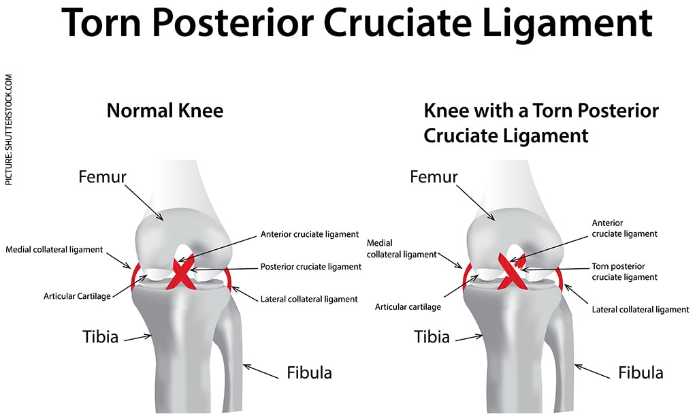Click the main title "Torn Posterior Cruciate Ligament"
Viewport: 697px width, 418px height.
(357, 23)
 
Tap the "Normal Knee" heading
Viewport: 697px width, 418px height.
(165, 111)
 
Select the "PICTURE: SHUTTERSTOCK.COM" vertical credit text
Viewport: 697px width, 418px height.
(9, 129)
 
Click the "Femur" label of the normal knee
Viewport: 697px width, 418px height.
(102, 177)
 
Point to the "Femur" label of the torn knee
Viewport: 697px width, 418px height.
(434, 177)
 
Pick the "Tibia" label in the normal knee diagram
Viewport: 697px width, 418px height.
(101, 336)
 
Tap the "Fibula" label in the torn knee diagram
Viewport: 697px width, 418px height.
(641, 372)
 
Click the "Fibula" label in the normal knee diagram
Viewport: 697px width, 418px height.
(310, 372)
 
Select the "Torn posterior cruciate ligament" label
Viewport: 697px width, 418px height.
(624, 272)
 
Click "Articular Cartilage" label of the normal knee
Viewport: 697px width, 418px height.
(77, 296)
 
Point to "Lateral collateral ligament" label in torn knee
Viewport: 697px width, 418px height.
(640, 310)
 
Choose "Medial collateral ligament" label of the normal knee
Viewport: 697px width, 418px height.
(54, 250)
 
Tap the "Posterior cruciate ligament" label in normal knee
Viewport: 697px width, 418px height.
(310, 267)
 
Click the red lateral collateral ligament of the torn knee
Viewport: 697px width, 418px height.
(560, 278)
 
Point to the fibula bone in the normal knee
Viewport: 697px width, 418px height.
(228, 351)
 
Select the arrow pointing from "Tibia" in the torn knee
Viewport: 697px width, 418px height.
(470, 338)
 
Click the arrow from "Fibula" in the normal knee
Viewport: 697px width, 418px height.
(261, 371)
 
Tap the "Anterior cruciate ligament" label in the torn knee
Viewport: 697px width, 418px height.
(624, 229)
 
